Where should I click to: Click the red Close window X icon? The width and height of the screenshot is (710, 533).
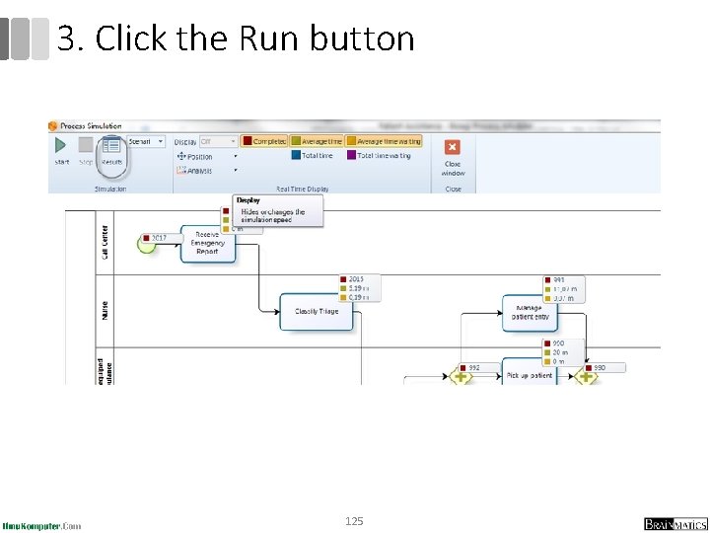(453, 146)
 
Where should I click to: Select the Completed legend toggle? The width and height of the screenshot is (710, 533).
(264, 141)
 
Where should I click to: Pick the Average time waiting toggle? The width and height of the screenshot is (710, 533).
(384, 141)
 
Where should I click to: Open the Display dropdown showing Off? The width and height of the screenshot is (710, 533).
(218, 141)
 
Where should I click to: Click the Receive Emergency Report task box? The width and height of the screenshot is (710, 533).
(207, 243)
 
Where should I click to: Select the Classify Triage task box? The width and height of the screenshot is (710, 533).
(316, 311)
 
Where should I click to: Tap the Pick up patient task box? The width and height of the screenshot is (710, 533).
(530, 374)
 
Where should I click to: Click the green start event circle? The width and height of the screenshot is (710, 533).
(147, 243)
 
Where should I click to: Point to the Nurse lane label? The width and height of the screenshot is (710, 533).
(105, 310)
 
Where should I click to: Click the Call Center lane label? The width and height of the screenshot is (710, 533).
(105, 243)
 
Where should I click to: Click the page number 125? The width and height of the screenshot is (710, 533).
(354, 520)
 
